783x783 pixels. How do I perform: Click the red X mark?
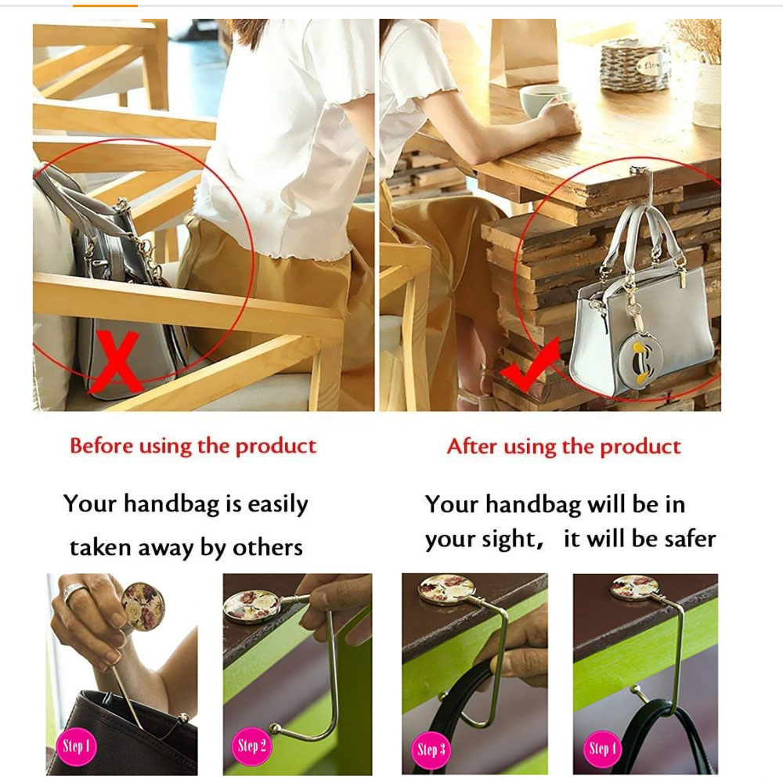117,360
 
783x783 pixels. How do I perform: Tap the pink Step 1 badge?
76,747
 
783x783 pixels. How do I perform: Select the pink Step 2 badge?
251,746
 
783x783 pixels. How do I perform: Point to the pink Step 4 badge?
602,749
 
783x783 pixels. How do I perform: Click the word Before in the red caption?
101,446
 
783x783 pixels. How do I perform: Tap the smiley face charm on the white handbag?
636,361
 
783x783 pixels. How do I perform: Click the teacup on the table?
543,101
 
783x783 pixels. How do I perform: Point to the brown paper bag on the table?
524,52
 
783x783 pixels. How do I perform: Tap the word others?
268,548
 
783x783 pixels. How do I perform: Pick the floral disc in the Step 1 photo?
143,606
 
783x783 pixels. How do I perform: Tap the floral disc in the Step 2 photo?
251,606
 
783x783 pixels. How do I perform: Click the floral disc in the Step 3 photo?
446,589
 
